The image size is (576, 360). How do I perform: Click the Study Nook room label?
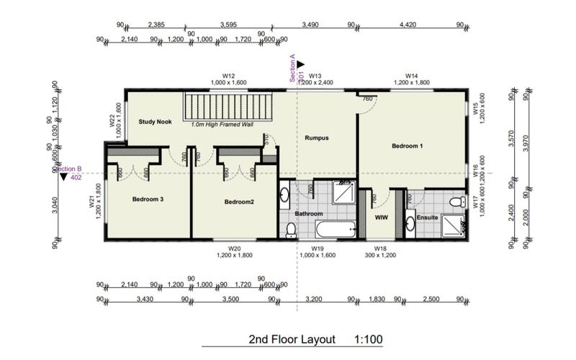[155, 122]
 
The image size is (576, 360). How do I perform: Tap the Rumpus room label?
[317, 138]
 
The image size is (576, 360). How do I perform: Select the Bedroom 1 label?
[407, 146]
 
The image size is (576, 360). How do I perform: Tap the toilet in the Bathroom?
[291, 230]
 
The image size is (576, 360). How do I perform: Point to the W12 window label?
[229, 76]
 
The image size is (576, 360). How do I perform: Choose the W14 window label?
[412, 76]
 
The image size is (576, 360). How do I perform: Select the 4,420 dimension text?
[409, 25]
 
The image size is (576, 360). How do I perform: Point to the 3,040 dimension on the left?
[55, 206]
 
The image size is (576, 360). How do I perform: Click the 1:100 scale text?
[368, 338]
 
